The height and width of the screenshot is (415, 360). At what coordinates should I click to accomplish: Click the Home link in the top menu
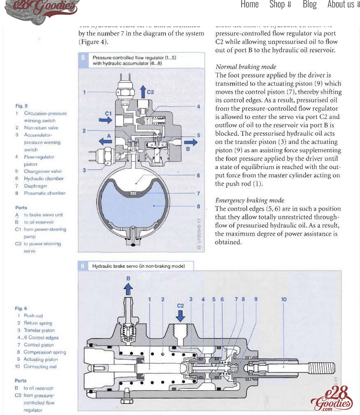[x=249, y=5]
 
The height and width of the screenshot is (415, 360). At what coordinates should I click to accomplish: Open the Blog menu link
[x=309, y=5]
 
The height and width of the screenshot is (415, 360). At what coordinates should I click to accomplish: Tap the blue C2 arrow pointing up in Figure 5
[x=143, y=91]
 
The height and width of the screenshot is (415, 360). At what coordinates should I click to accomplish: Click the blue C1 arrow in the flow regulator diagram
[x=106, y=120]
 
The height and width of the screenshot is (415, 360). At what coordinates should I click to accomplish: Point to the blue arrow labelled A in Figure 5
[x=105, y=141]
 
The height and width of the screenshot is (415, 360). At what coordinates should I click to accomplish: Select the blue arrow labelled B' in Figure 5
[x=191, y=142]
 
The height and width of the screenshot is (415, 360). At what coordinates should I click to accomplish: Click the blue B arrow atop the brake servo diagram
[x=128, y=288]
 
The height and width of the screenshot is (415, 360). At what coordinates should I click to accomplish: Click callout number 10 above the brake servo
[x=284, y=299]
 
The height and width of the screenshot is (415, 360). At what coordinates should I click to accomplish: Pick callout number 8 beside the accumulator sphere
[x=198, y=206]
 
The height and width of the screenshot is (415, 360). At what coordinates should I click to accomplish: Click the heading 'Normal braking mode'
[x=246, y=67]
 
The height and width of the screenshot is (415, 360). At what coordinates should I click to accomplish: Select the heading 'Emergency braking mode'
[x=249, y=200]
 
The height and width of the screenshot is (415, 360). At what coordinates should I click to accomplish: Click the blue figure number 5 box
[x=83, y=58]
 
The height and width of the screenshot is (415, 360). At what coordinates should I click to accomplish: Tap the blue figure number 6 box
[x=82, y=266]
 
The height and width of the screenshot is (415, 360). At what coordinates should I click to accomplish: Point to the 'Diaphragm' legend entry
[x=35, y=186]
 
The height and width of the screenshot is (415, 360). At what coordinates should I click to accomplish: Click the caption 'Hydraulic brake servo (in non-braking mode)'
[x=139, y=266]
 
